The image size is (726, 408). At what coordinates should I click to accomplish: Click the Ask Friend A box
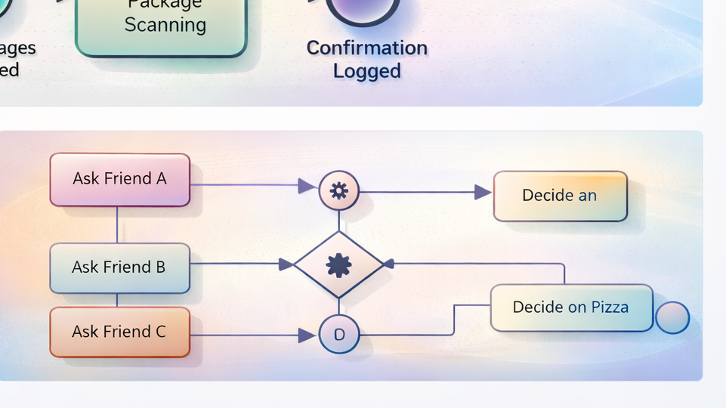[x=119, y=179]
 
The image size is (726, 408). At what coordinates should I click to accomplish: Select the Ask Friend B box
[x=119, y=267]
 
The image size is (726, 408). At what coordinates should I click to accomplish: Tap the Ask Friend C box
[x=119, y=332]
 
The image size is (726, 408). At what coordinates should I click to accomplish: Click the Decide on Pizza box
[x=571, y=308]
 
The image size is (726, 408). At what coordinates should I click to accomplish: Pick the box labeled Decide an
[x=560, y=196]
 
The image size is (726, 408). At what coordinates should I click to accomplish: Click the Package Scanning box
[x=161, y=26]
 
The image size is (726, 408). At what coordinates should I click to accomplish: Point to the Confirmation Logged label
[x=366, y=60]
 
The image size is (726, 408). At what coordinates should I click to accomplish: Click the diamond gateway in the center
[x=338, y=264]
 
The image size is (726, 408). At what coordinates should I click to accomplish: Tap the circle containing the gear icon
[x=338, y=190]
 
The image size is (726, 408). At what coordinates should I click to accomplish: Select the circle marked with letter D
[x=338, y=334]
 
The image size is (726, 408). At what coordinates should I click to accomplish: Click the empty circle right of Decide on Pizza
[x=672, y=318]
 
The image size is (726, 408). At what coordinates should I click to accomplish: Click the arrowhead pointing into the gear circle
[x=307, y=186]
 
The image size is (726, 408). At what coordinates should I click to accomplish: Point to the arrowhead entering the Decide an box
[x=483, y=193]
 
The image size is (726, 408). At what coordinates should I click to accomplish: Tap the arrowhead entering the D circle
[x=307, y=335]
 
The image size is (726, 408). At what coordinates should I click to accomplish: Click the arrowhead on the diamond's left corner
[x=286, y=264]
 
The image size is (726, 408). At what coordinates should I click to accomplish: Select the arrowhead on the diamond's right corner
[x=389, y=264]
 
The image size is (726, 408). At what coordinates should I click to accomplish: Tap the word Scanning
[x=165, y=25]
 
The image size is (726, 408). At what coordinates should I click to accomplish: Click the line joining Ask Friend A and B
[x=117, y=224]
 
